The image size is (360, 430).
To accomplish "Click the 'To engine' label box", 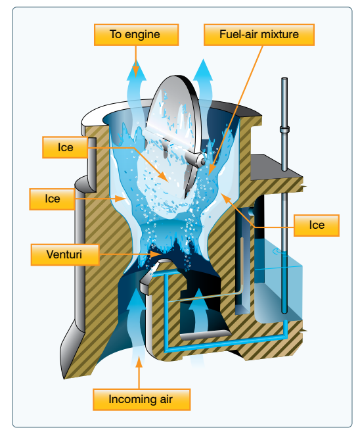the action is coord(136,35).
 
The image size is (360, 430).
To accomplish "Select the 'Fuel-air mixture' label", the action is coord(259,35).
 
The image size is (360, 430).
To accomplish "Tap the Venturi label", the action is coord(64,254).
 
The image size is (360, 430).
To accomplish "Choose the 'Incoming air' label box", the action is coord(141,399).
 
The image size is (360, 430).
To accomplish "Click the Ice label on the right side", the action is coord(317,226).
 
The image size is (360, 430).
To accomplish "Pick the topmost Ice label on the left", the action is coord(65,147).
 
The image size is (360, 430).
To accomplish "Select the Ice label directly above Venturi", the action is coord(52,199).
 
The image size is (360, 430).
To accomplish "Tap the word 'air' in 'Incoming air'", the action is coord(166,399).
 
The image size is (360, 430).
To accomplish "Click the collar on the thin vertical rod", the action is coord(284,129).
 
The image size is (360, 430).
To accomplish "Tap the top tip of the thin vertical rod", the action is coord(284,78).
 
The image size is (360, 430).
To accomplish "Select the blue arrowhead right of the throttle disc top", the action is coord(203,70).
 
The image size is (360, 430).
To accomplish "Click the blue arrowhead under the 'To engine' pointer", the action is coord(137,70).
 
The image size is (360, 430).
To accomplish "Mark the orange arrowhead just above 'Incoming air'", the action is coord(139,362).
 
